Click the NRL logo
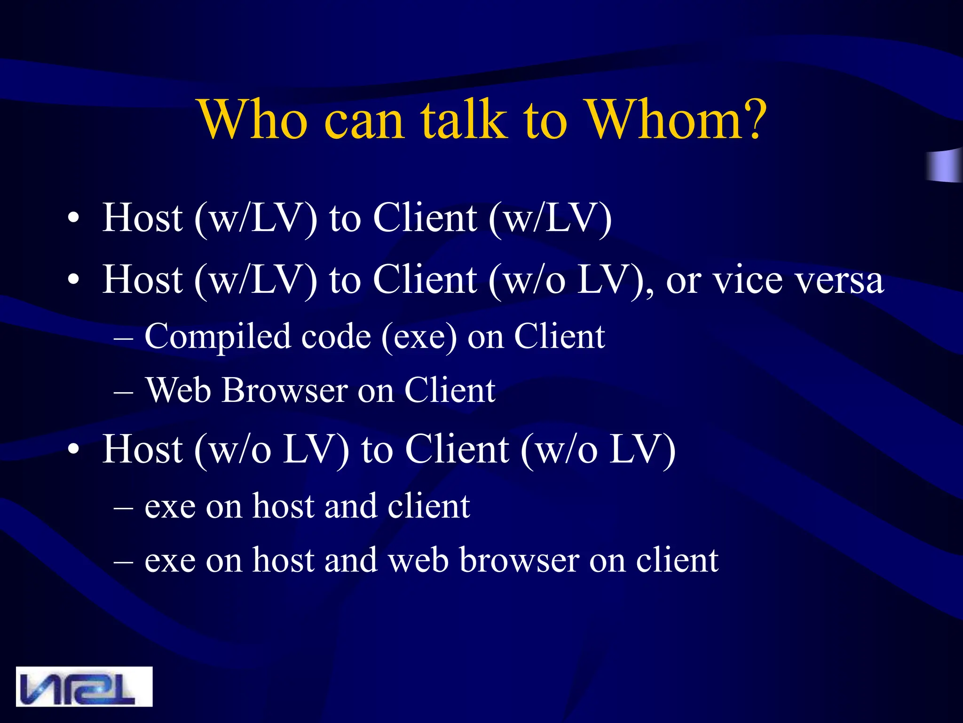[84, 686]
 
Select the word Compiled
[218, 337]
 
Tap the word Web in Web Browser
[178, 390]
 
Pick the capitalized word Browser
[284, 390]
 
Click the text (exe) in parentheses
[419, 337]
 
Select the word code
[336, 337]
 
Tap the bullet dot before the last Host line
[73, 450]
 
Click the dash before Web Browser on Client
[124, 391]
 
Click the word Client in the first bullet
[425, 218]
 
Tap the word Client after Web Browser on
[450, 390]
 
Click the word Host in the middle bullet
[142, 280]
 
